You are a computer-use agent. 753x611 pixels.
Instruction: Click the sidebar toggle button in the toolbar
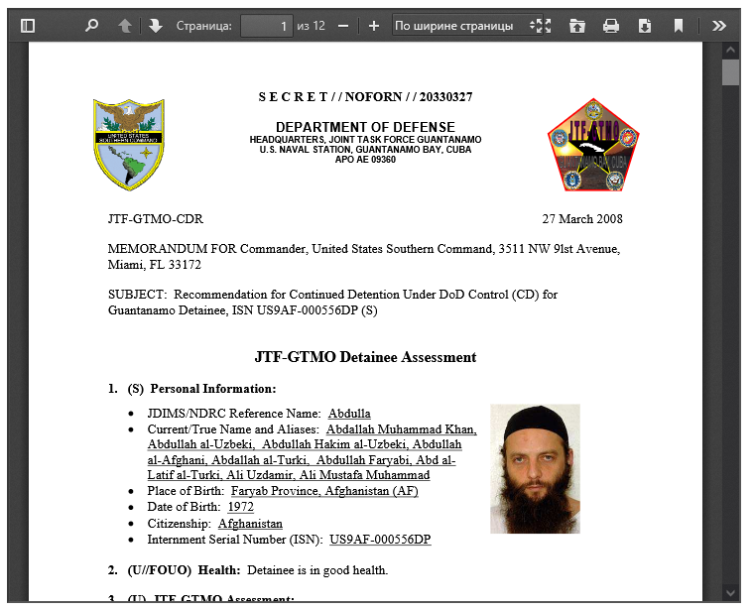click(x=28, y=26)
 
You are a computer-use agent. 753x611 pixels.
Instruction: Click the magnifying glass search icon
click(x=92, y=26)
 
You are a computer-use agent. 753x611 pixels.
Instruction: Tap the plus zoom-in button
click(x=374, y=26)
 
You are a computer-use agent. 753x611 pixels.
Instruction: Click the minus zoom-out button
click(x=343, y=26)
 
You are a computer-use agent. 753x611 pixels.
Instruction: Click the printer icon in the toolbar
click(x=611, y=26)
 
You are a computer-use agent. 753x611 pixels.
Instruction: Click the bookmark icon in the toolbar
click(x=679, y=26)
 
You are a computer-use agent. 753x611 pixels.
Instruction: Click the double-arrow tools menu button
click(x=719, y=26)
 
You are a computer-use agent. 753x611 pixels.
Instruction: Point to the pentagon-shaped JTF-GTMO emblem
click(x=593, y=146)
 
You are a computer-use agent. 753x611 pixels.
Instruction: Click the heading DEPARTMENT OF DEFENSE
click(x=365, y=127)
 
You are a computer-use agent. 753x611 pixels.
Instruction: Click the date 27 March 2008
click(x=582, y=219)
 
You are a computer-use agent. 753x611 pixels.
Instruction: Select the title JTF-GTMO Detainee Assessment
click(x=365, y=357)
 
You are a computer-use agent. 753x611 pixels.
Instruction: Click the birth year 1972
click(x=240, y=507)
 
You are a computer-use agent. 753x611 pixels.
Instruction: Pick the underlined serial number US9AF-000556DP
click(x=380, y=540)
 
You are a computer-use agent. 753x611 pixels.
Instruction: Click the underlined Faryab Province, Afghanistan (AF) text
click(x=324, y=491)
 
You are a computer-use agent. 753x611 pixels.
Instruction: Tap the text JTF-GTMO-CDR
click(x=155, y=219)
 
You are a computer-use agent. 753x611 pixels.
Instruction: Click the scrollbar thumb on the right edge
click(x=731, y=73)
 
